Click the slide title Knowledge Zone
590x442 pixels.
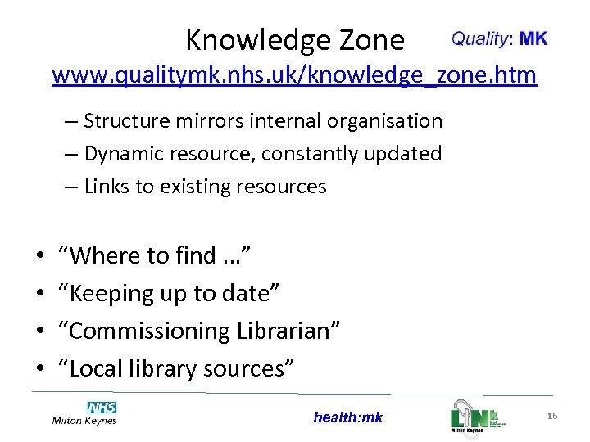click(x=294, y=39)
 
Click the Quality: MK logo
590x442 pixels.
click(x=499, y=38)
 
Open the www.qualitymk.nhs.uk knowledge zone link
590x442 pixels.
click(x=294, y=76)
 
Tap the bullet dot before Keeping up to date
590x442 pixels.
click(x=40, y=294)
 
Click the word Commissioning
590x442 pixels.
click(x=147, y=331)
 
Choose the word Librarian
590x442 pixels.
click(x=288, y=331)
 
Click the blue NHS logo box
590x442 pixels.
click(x=102, y=408)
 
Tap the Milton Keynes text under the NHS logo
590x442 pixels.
click(x=84, y=421)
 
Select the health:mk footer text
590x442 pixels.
click(x=347, y=417)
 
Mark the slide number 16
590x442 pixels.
click(x=552, y=417)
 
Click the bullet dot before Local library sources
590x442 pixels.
click(x=40, y=369)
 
